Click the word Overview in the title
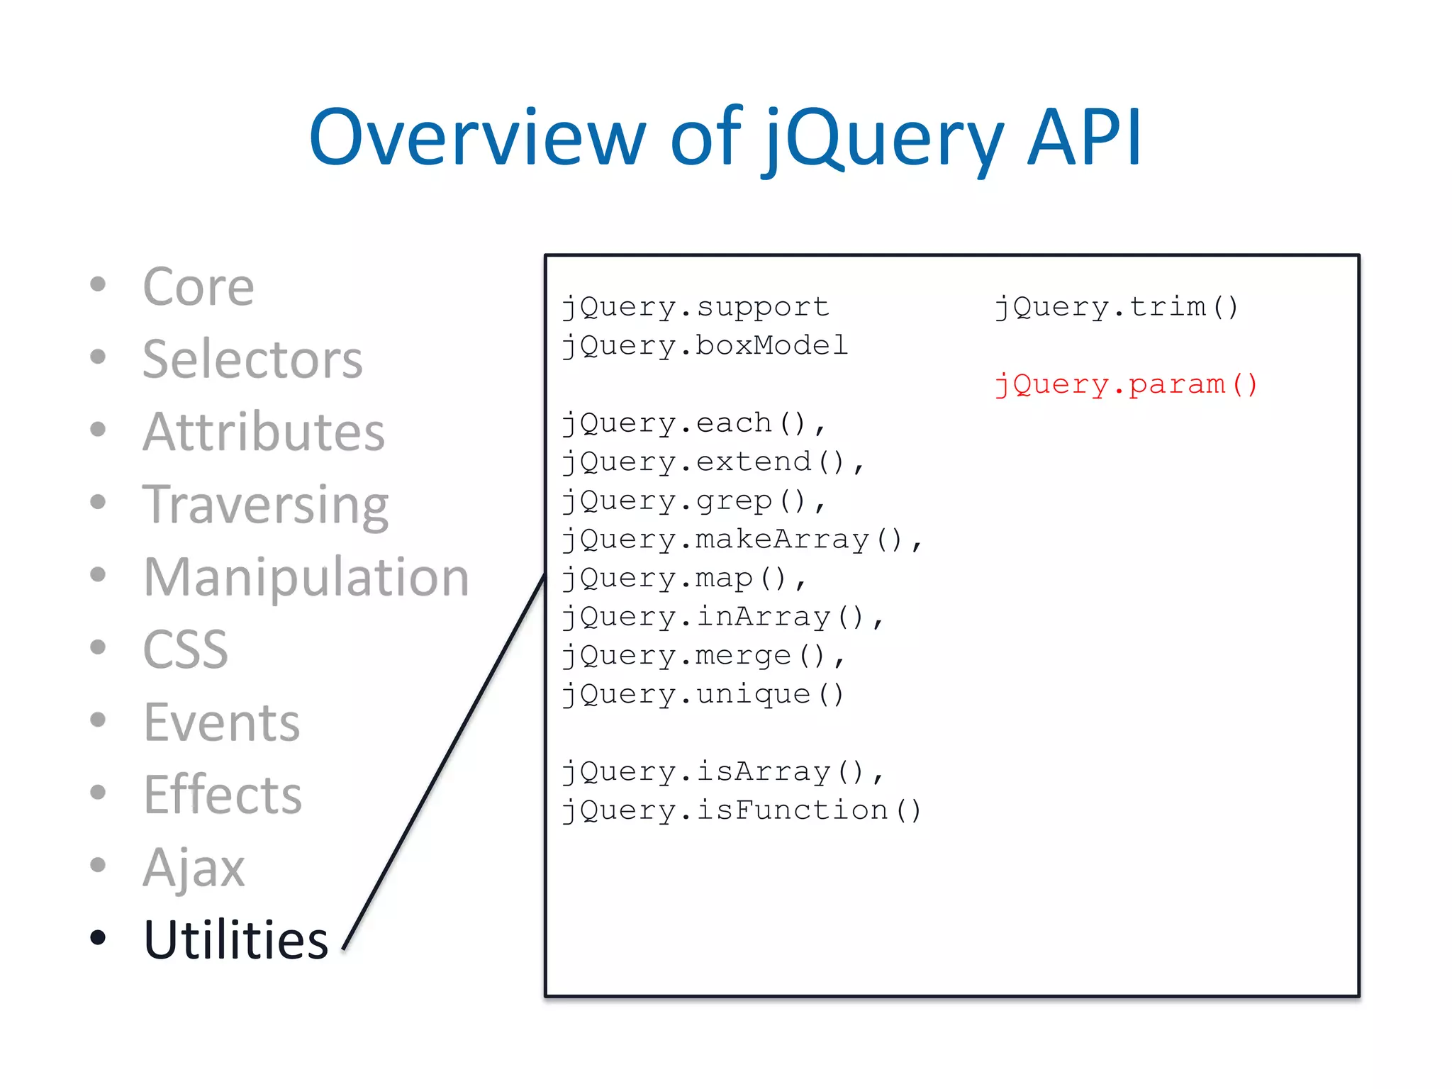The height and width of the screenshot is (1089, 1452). (x=477, y=138)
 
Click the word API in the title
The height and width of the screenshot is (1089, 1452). (x=1084, y=138)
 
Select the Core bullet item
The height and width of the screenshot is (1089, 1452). (x=198, y=287)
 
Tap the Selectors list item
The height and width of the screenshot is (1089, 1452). (x=252, y=359)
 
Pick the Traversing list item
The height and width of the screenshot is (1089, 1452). (x=265, y=506)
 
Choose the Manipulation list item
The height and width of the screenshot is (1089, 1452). (x=306, y=577)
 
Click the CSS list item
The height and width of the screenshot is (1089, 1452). (x=185, y=649)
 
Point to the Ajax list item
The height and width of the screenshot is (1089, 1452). (x=194, y=867)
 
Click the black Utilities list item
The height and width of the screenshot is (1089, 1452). (x=235, y=940)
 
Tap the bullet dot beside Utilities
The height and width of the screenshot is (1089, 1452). (x=98, y=937)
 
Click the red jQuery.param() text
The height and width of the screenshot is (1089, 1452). (x=1125, y=385)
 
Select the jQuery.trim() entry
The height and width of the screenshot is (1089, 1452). (x=1116, y=308)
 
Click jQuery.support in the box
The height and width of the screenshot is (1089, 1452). (x=695, y=308)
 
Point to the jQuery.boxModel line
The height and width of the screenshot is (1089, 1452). (x=705, y=346)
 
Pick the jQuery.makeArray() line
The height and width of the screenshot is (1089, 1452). (x=741, y=540)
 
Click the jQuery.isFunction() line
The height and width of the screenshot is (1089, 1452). (x=741, y=811)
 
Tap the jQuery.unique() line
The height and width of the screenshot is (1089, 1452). (x=702, y=695)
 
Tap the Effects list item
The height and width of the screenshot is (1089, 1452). (x=222, y=795)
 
